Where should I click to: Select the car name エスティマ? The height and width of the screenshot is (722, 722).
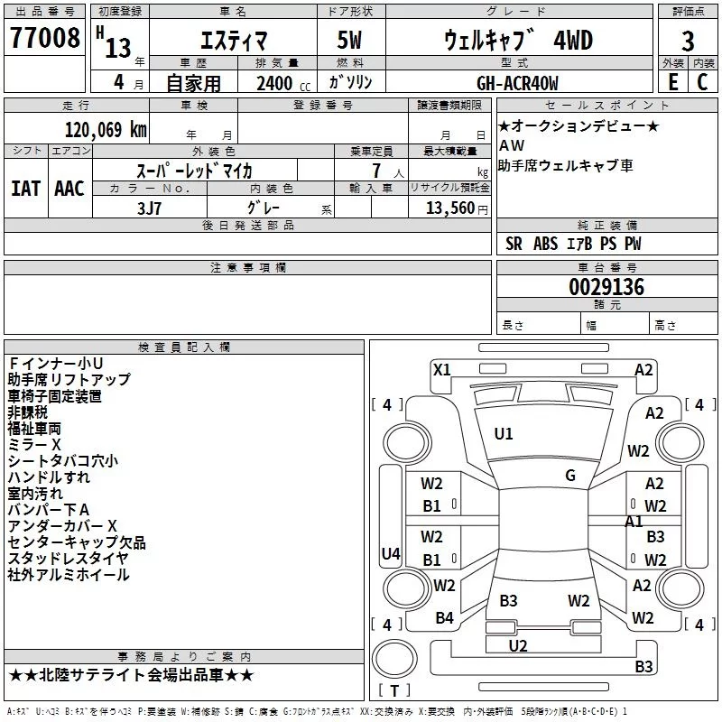(x=232, y=41)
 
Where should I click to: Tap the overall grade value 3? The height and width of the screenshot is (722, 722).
(x=688, y=41)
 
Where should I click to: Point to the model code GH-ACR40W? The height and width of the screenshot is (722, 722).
(x=517, y=83)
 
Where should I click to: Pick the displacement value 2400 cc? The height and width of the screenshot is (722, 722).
(x=275, y=83)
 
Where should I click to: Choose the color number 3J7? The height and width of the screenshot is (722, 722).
(x=151, y=207)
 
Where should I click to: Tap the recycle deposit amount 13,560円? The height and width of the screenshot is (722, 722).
(x=449, y=208)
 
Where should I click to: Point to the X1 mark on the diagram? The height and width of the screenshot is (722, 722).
(x=442, y=368)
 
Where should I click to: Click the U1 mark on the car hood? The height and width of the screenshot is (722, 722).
(x=504, y=434)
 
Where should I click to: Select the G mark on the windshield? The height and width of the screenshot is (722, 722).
(x=570, y=476)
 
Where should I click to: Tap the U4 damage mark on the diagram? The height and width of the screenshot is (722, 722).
(x=391, y=553)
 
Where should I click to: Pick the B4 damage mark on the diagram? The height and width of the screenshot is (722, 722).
(x=444, y=618)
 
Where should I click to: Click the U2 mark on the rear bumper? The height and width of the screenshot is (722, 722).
(x=518, y=645)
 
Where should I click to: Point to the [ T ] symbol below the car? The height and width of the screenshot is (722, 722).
(x=393, y=690)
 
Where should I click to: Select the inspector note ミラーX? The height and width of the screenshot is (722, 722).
(x=34, y=445)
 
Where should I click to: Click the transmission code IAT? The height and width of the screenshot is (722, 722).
(x=25, y=188)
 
